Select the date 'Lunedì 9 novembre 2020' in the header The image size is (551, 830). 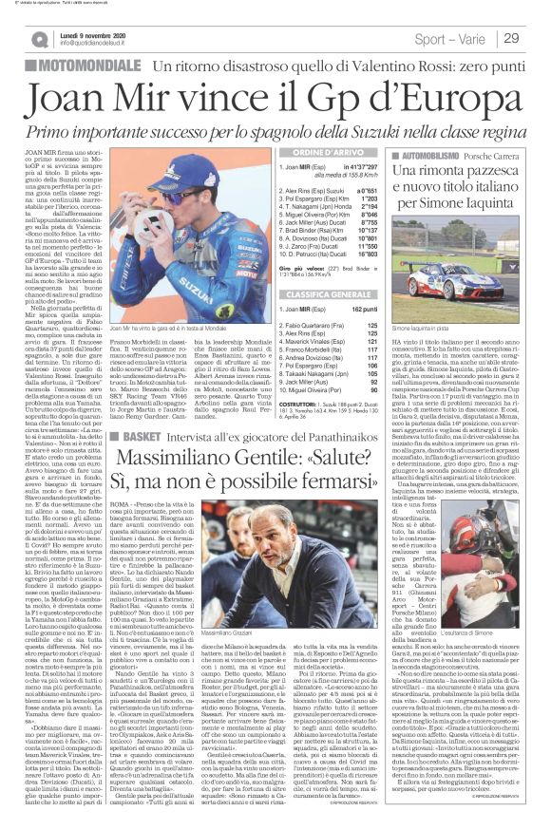click(98, 32)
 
